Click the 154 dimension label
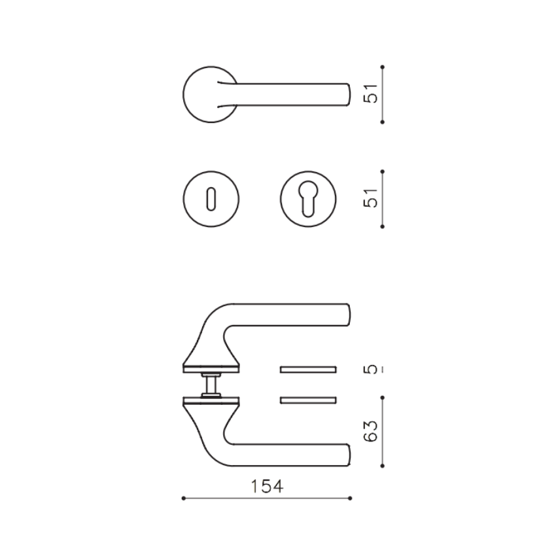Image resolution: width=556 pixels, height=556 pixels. (x=267, y=487)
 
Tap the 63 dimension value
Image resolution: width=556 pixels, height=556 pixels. (x=370, y=431)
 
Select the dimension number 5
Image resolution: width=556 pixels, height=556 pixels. (x=370, y=370)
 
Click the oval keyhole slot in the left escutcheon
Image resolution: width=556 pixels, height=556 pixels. (x=211, y=199)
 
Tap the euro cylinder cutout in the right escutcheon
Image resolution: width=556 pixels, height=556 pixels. (x=308, y=199)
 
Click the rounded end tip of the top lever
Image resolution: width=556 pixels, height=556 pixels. (x=350, y=95)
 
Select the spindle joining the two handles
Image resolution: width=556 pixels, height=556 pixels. (x=211, y=385)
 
